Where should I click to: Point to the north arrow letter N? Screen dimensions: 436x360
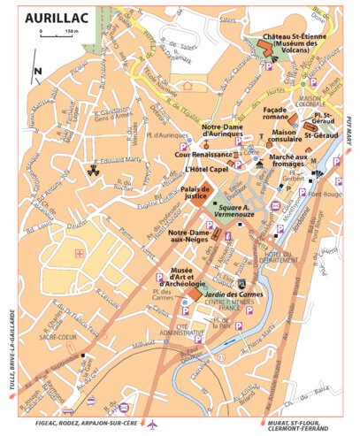(36, 72)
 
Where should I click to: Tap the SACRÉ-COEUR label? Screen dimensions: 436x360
(42, 338)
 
